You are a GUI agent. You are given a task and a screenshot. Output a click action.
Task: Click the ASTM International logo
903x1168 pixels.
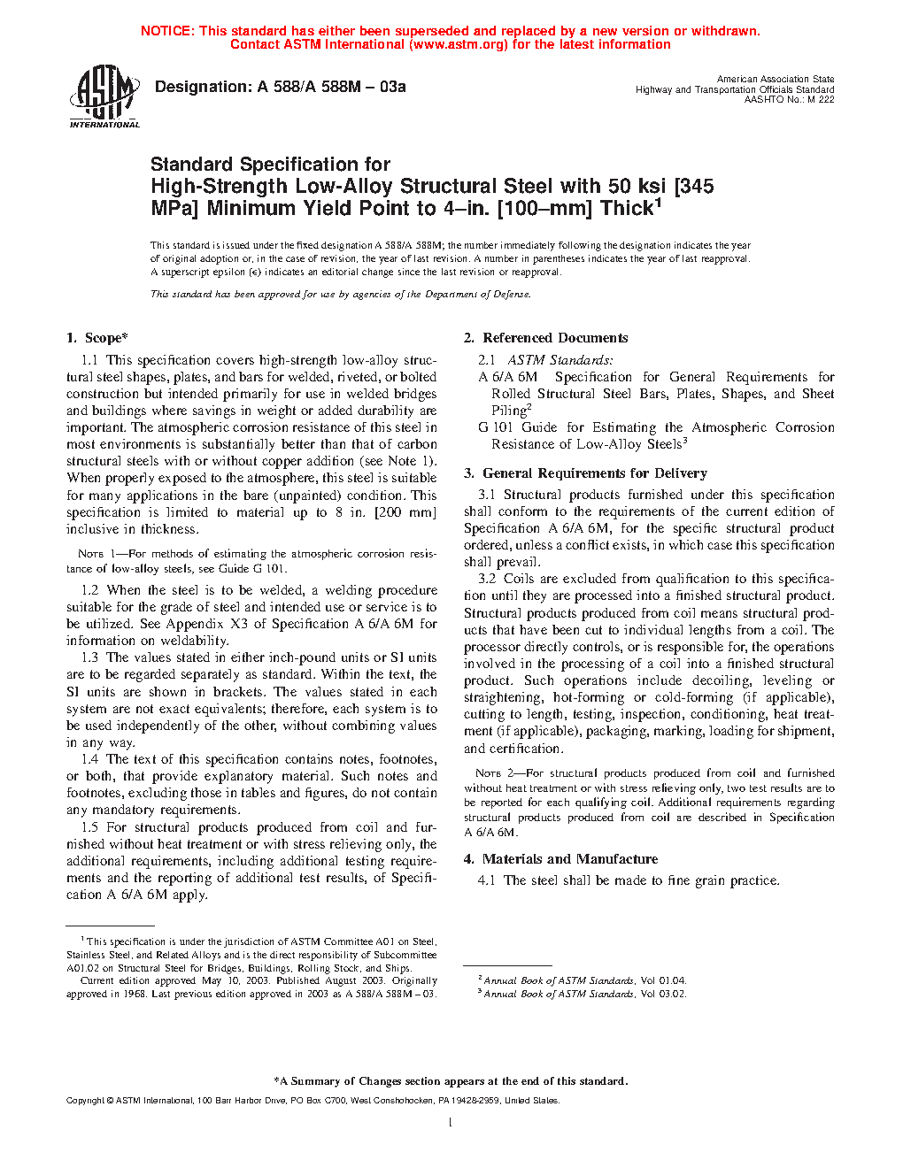coord(104,96)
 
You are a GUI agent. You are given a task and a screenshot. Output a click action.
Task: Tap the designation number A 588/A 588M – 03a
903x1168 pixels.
coord(331,87)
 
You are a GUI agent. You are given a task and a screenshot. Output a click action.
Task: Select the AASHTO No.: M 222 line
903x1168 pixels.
coord(789,100)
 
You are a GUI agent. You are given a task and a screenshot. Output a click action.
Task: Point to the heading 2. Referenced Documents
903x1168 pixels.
coord(546,338)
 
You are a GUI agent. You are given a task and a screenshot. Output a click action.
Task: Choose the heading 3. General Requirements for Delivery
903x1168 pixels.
coord(585,473)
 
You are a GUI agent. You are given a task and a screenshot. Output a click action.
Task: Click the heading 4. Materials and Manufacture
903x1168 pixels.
coord(560,859)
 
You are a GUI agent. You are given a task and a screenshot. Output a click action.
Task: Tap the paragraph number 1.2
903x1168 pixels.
coord(89,590)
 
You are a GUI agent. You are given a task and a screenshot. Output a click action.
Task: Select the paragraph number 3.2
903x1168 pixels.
coord(487,579)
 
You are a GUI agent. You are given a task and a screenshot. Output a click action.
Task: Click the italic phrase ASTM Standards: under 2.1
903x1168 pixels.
coord(560,360)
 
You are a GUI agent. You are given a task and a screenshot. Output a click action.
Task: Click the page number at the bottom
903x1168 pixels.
coord(451,1123)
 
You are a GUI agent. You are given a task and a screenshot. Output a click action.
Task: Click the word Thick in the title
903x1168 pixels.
coord(626,209)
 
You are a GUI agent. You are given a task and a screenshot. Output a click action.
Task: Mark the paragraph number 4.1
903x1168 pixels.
coord(486,880)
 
